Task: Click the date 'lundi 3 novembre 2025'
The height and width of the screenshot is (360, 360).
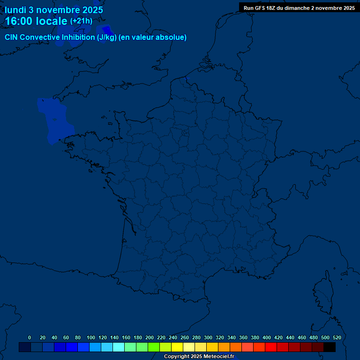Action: tap(54, 10)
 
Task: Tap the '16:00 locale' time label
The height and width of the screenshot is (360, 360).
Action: tap(36, 22)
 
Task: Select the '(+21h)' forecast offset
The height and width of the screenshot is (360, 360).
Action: tap(81, 21)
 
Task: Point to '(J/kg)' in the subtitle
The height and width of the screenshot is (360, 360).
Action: tap(107, 37)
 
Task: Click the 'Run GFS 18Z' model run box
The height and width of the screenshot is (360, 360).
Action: tap(299, 8)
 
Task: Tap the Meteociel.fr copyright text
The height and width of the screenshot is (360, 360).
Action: tap(199, 357)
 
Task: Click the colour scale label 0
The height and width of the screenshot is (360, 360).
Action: tap(30, 337)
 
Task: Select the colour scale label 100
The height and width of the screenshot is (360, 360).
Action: tap(91, 337)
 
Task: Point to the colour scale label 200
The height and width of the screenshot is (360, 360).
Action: tap(150, 337)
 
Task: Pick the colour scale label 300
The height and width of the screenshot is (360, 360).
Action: tap(208, 337)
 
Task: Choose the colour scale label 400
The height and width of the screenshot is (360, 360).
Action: tap(267, 337)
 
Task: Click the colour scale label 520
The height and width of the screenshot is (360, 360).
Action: tap(337, 337)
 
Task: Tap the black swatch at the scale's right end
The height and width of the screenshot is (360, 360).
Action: tap(330, 347)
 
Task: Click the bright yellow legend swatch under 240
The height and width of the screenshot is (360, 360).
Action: tap(177, 347)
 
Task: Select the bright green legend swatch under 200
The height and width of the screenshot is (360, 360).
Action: tap(154, 347)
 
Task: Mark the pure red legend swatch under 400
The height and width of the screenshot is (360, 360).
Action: tap(271, 347)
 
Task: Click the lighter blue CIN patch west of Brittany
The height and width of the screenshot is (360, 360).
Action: tap(55, 120)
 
